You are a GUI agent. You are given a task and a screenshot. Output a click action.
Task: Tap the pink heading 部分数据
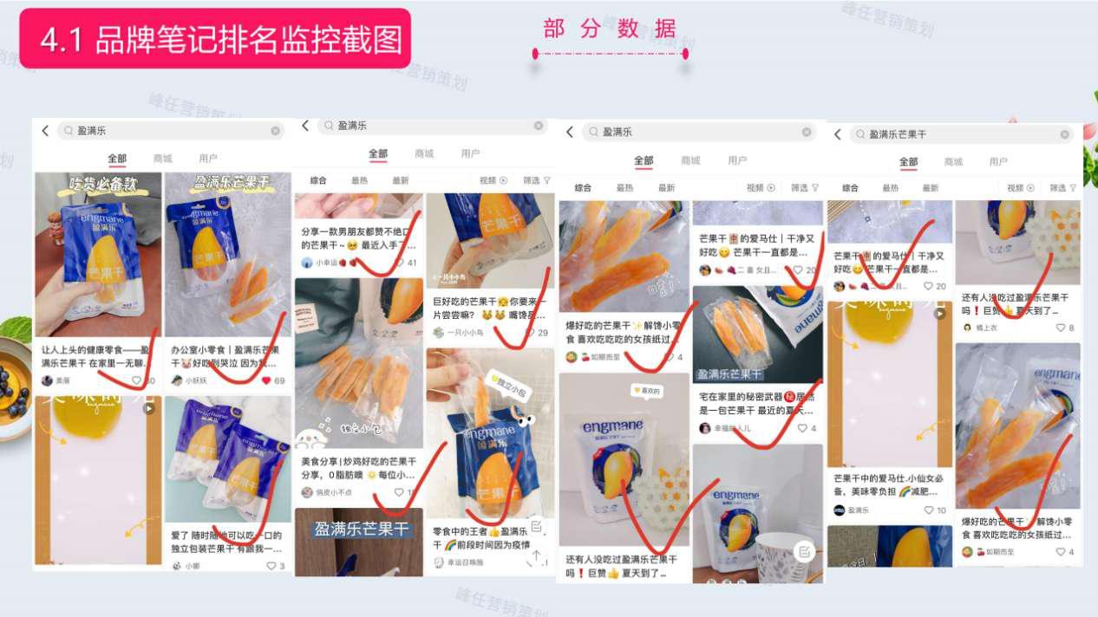tap(609, 29)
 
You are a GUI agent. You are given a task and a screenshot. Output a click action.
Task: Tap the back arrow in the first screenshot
tap(45, 131)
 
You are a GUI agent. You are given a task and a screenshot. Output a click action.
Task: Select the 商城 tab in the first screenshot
tap(162, 159)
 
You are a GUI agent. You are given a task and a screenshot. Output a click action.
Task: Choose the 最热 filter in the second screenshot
tap(359, 180)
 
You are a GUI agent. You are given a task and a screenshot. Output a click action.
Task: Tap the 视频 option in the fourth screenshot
tap(1016, 187)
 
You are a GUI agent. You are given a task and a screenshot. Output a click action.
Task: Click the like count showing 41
tap(405, 263)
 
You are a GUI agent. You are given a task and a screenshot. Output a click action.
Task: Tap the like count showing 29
tap(537, 333)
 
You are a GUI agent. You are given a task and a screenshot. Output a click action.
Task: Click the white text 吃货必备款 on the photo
tap(98, 184)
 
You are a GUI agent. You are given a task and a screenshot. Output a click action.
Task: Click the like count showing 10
tap(935, 510)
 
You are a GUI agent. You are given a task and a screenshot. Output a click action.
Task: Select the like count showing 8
tap(1065, 328)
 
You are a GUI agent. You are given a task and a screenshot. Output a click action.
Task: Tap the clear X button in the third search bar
tap(807, 132)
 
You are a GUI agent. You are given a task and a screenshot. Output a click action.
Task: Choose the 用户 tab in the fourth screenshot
tap(998, 162)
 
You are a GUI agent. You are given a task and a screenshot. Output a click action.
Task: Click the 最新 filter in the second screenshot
tap(400, 180)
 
